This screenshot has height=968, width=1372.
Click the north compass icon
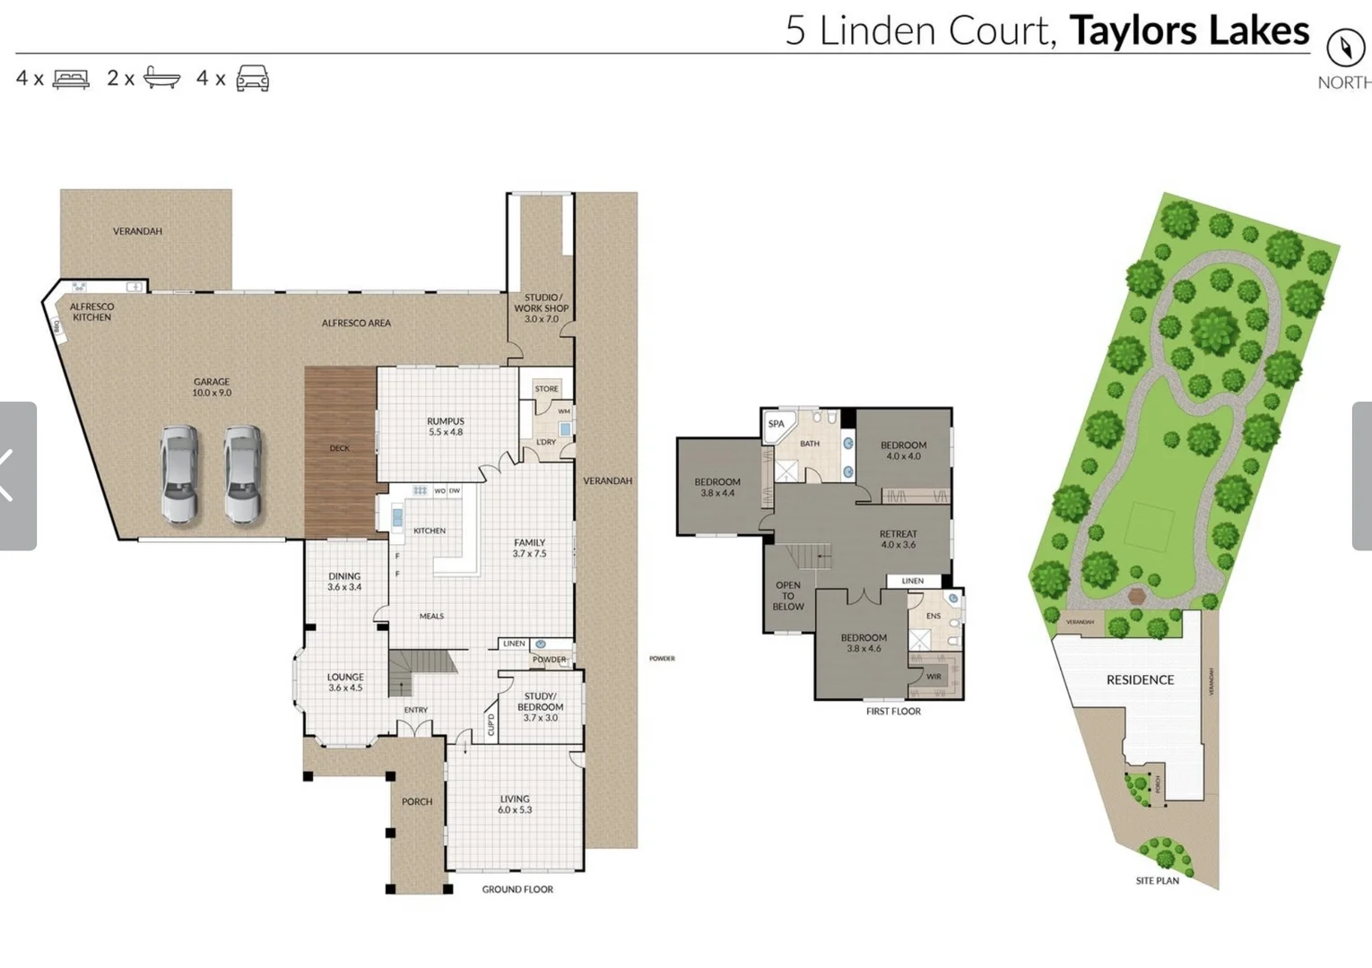click(x=1344, y=48)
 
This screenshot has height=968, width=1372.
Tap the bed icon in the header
click(x=71, y=79)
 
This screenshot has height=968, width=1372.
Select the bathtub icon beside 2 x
click(x=161, y=78)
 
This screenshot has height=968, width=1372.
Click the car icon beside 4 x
click(x=252, y=78)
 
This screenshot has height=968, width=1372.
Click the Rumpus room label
click(x=446, y=427)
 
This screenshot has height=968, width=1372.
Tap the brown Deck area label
click(x=339, y=448)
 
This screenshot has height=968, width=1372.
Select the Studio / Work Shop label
click(x=541, y=307)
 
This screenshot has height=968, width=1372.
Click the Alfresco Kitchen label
click(x=91, y=312)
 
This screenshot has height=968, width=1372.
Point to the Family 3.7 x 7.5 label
click(x=529, y=548)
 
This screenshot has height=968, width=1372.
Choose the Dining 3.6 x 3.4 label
click(x=344, y=582)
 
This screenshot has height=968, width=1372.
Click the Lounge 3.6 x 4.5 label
click(x=345, y=682)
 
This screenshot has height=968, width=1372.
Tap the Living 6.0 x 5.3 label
click(x=515, y=804)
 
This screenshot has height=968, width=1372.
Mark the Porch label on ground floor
click(x=417, y=801)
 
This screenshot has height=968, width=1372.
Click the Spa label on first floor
click(x=776, y=424)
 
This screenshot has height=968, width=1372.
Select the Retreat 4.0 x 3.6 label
click(x=898, y=539)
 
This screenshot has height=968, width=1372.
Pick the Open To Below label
click(x=788, y=596)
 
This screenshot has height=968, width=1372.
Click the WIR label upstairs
click(x=933, y=677)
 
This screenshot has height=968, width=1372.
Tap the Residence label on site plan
click(x=1140, y=679)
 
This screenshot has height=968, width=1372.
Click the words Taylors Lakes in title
click(x=1189, y=30)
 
